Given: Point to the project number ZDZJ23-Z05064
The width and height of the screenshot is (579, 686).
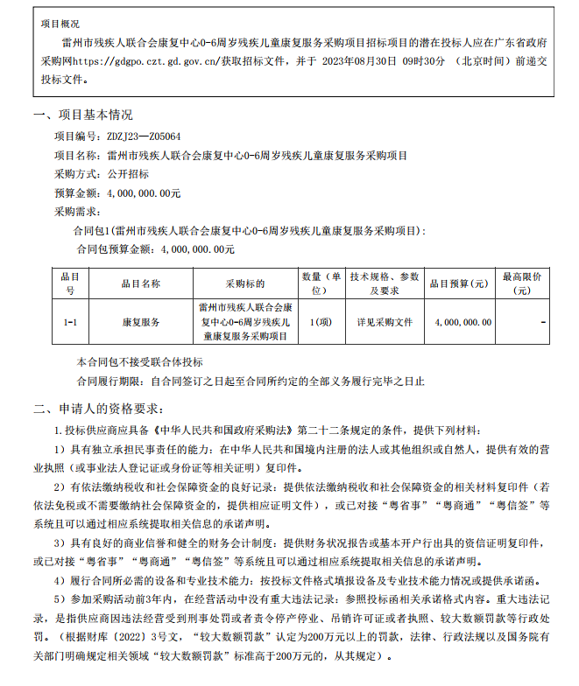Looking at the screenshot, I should coord(144,136).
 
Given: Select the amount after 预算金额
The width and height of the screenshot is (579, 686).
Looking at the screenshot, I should coord(144,192).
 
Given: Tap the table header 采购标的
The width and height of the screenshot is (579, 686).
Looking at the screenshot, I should coord(244,283).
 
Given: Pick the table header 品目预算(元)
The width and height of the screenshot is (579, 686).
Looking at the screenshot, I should coord(458,283).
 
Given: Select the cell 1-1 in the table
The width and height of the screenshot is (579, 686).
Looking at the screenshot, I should coord(71,323).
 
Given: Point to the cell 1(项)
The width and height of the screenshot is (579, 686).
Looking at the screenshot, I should coord(321,323).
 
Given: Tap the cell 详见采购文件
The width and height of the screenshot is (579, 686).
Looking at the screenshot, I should coord(384,323).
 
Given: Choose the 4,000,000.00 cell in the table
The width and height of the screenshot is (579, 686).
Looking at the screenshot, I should coord(462,323).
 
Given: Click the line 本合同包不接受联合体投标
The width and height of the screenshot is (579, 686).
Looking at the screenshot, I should coord(139,361).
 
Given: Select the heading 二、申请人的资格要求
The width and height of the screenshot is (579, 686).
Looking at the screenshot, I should coord(97,408).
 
